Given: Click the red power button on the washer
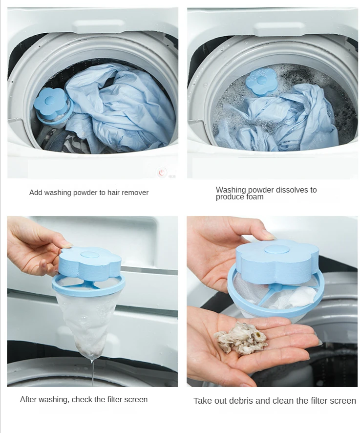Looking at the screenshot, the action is click(x=162, y=173).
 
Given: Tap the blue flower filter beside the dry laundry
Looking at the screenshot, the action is click(x=53, y=107).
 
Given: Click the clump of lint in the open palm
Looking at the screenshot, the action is click(x=240, y=338).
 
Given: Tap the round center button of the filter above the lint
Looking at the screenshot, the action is click(x=276, y=250).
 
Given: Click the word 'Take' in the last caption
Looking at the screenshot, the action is click(x=202, y=401).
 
